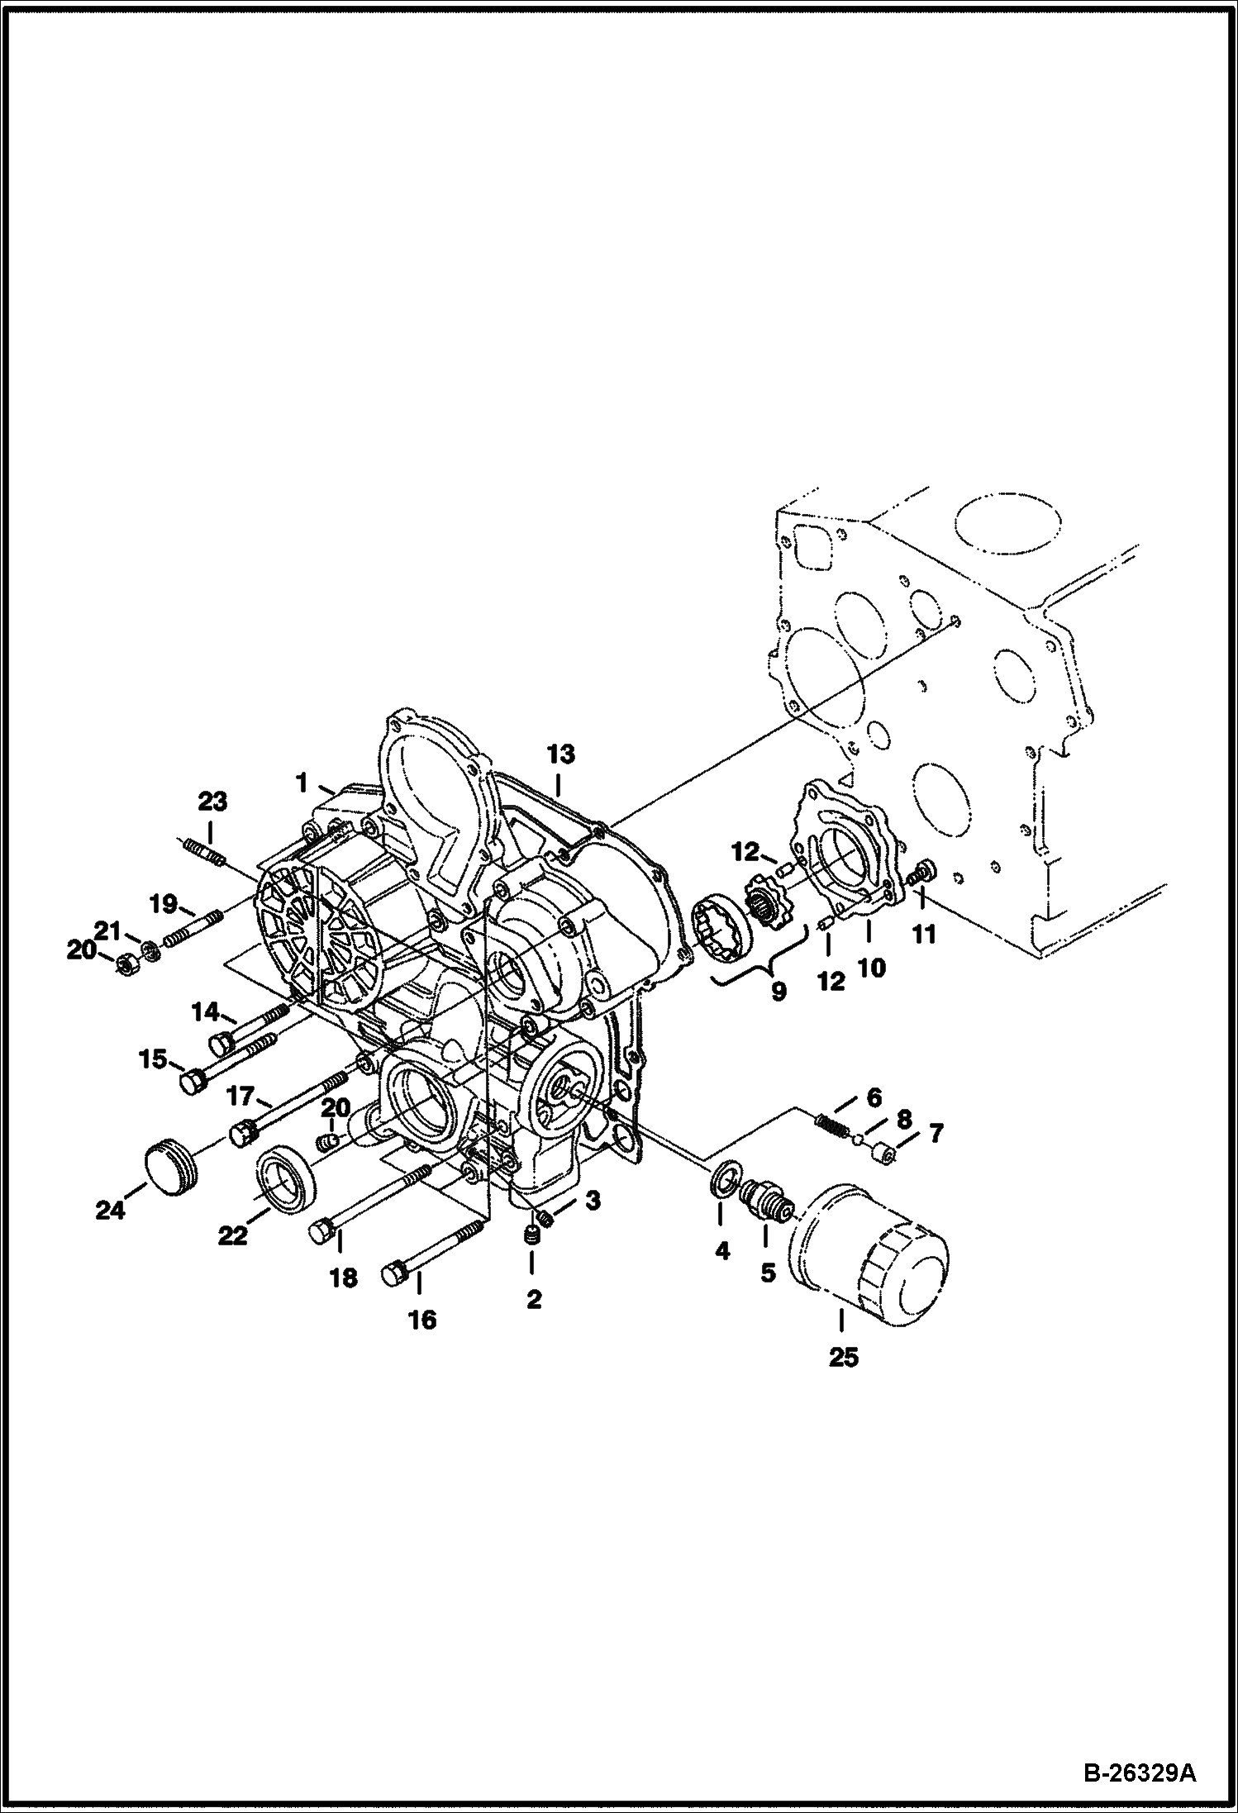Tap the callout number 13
pos(560,754)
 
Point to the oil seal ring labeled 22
pos(286,1176)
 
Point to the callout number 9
pos(778,991)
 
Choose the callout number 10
pos(871,968)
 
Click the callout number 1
pos(302,781)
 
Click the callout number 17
pos(240,1097)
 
